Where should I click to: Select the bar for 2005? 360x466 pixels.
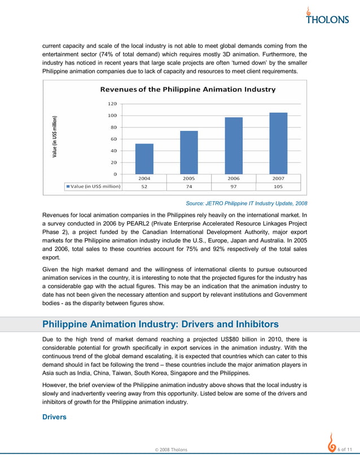pos(189,152)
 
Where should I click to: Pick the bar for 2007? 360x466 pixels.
pos(278,143)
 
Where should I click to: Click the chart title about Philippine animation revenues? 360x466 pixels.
pos(188,89)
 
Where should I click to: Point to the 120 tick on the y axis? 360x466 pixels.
pos(112,104)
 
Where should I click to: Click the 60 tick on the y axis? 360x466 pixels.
pos(113,139)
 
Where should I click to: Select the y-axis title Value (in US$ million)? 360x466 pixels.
pos(54,137)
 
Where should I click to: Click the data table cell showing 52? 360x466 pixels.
pos(144,186)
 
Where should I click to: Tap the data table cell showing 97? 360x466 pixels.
pos(234,186)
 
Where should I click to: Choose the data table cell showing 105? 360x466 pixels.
pos(278,186)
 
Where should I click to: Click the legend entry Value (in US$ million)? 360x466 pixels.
pos(93,186)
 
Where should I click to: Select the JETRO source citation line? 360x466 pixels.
pos(247,203)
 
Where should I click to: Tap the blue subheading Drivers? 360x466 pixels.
pos(55,417)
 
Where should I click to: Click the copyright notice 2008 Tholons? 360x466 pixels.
pos(171,449)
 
